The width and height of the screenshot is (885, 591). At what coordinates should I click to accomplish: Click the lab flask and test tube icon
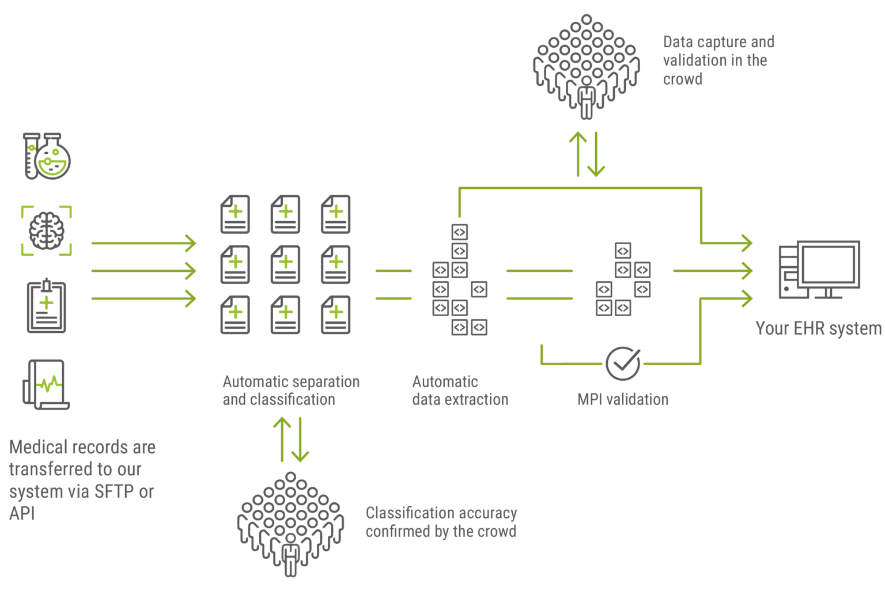[47, 156]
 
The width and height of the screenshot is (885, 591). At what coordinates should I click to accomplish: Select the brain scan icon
[47, 230]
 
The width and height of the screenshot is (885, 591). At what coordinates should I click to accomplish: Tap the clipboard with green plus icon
[47, 306]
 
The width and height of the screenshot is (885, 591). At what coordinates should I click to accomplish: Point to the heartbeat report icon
[46, 384]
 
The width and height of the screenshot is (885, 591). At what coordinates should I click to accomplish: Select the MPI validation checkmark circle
[622, 363]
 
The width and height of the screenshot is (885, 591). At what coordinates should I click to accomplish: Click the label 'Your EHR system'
[818, 328]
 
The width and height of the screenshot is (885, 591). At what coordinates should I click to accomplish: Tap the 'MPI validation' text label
[623, 399]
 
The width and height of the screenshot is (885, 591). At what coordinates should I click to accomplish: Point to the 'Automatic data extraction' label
[460, 391]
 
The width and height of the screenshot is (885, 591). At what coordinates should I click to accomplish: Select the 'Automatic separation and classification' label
[291, 391]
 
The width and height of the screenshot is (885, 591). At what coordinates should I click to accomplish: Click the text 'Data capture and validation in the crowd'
[718, 60]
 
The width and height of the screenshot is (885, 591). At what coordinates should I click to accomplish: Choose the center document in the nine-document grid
[285, 264]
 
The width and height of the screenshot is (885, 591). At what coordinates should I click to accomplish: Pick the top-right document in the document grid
[335, 214]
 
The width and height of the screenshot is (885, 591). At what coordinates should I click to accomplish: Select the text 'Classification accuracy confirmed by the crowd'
[441, 522]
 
